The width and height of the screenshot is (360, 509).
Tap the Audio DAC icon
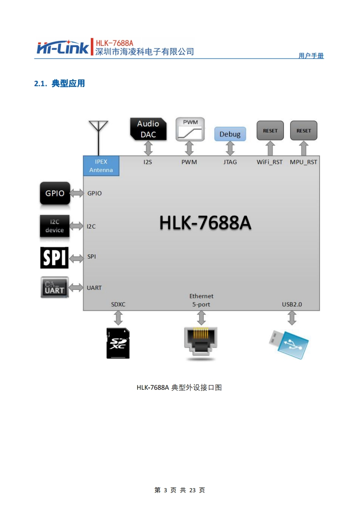click(x=148, y=129)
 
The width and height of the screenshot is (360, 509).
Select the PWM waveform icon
click(x=189, y=129)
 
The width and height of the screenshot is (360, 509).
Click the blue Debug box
click(x=230, y=134)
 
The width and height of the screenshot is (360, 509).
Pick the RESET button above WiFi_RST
click(x=270, y=131)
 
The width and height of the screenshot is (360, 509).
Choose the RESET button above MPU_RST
click(x=304, y=131)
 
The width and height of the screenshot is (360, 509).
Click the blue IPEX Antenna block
click(x=101, y=166)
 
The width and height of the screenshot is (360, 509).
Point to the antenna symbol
click(x=98, y=132)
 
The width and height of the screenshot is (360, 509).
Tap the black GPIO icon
click(x=54, y=193)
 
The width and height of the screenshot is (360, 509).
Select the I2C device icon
click(x=54, y=226)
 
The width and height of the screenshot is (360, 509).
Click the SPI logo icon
click(x=54, y=257)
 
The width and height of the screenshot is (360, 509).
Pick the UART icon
click(x=54, y=288)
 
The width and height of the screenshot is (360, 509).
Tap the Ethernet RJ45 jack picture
click(x=200, y=343)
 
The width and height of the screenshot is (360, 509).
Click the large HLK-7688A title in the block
click(x=205, y=223)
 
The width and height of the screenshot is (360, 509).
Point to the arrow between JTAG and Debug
click(x=230, y=148)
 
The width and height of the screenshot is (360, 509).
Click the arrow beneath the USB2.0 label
click(x=292, y=318)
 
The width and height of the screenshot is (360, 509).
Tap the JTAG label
click(x=230, y=162)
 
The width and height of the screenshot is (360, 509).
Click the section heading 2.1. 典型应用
click(x=59, y=83)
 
